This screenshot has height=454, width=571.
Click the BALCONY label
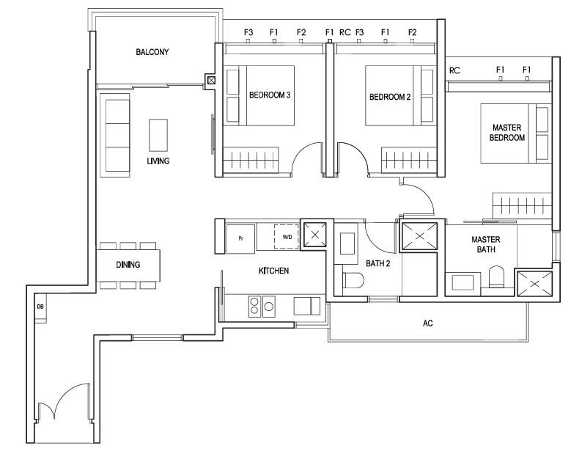coord(152,52)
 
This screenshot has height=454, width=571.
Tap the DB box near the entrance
coord(40,307)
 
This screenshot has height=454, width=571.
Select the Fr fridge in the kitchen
coord(240,238)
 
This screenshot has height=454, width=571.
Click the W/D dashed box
coord(287,237)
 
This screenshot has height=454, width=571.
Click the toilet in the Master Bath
coord(496,277)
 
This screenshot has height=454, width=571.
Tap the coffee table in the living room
coord(158,135)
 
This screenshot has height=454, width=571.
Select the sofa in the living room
coord(115,135)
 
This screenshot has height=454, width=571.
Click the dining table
coord(128,265)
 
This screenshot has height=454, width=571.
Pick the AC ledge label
coord(428,323)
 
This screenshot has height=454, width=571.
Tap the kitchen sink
coord(307,306)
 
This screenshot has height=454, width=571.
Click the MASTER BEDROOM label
coord(507,133)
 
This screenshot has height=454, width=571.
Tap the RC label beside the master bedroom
coord(454,70)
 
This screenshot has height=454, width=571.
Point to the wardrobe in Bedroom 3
coord(251,160)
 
